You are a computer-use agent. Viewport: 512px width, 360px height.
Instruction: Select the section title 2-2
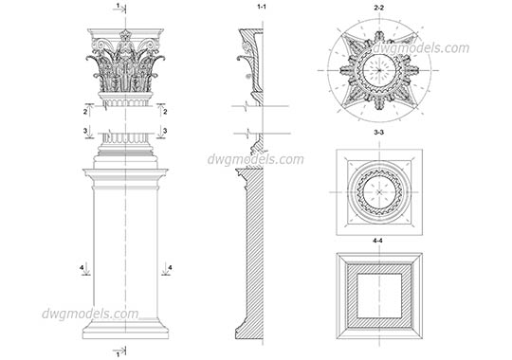[378, 8]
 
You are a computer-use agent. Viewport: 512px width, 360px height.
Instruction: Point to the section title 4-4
[378, 243]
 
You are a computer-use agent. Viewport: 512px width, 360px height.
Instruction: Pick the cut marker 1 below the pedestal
[118, 352]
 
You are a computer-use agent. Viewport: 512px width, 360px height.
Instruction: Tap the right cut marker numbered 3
[165, 132]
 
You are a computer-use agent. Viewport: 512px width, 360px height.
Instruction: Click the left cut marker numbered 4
[82, 269]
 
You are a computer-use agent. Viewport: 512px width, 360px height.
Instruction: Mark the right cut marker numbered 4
[169, 269]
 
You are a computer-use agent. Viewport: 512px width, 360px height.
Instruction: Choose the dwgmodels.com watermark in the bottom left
[90, 314]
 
